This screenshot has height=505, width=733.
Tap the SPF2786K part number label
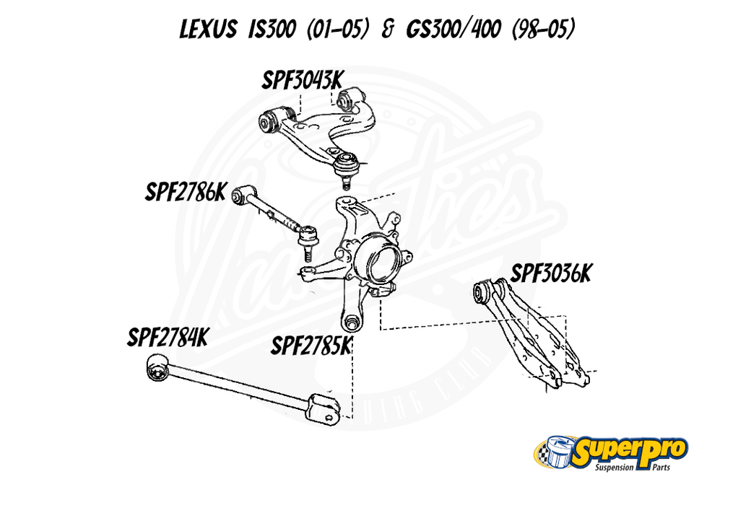pos(186,193)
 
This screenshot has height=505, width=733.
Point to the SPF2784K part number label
pos(168,338)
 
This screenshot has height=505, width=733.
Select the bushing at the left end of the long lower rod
pos(156,369)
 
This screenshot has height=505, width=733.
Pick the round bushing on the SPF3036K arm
pos(482,293)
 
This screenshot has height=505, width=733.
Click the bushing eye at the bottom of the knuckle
pos(353,322)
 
